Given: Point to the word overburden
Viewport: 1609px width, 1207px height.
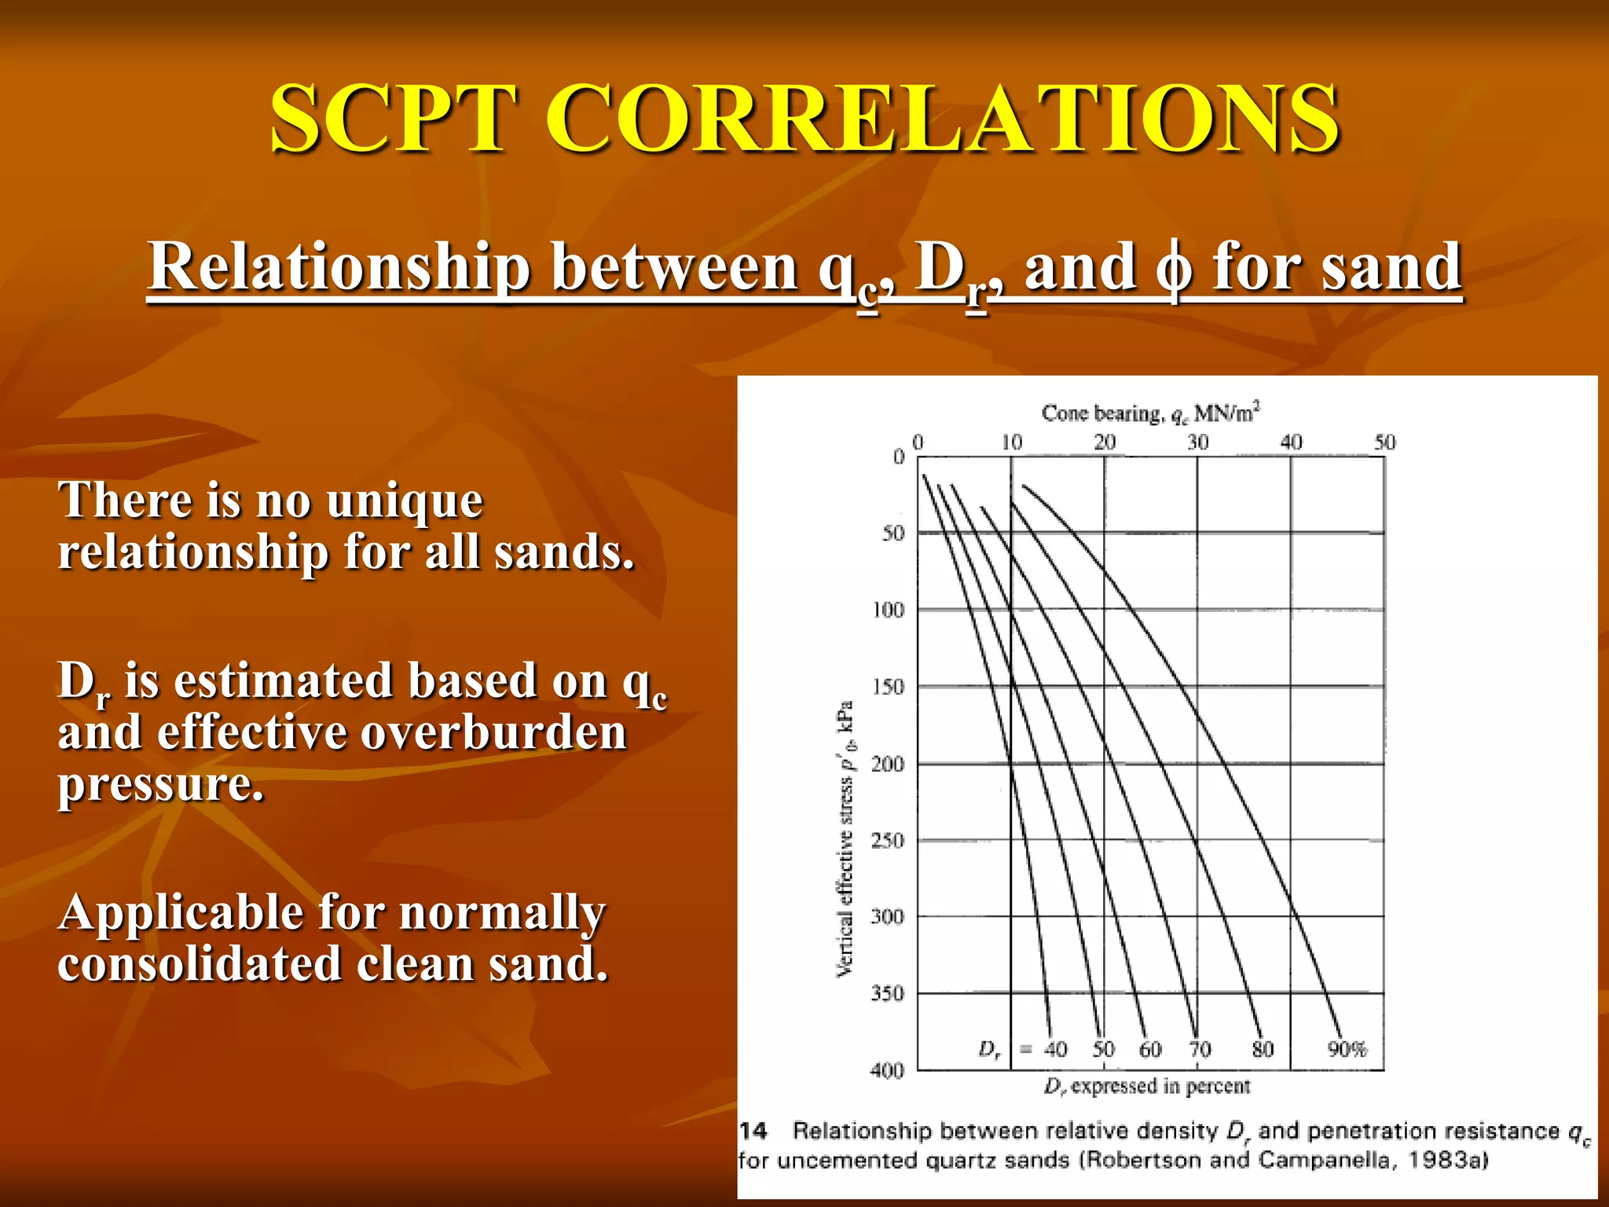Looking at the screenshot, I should point(493,732).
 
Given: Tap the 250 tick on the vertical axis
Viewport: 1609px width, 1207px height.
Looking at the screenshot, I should point(888,840).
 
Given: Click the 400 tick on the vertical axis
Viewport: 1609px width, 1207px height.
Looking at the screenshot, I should point(887,1070).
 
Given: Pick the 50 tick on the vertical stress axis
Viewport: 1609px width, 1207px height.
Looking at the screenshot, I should point(893,533).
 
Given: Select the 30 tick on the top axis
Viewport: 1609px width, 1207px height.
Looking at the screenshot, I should point(1197,442).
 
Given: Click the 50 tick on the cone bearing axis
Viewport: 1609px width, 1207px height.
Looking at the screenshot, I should point(1384,442).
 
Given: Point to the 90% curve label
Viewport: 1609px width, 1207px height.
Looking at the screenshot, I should point(1347,1049).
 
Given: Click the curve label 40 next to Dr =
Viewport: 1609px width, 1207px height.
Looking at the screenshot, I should point(1056,1049).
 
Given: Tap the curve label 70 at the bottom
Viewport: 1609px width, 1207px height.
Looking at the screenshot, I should point(1200,1049).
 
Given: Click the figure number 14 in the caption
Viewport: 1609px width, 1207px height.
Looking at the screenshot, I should point(753,1131).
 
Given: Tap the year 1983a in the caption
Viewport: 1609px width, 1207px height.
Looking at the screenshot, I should point(1444,1160).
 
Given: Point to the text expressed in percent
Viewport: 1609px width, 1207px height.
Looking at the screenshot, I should point(1160,1086).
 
